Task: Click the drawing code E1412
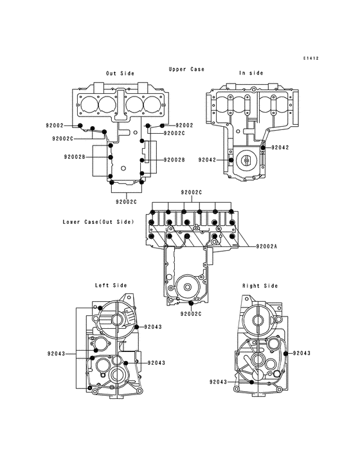(310, 59)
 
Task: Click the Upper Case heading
(186, 69)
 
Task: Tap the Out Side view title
(120, 73)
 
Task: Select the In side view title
(251, 73)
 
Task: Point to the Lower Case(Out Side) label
(98, 222)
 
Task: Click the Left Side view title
(111, 285)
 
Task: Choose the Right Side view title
(260, 286)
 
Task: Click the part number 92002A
(267, 246)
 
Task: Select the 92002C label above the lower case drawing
(191, 192)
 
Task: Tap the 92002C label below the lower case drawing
(191, 314)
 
